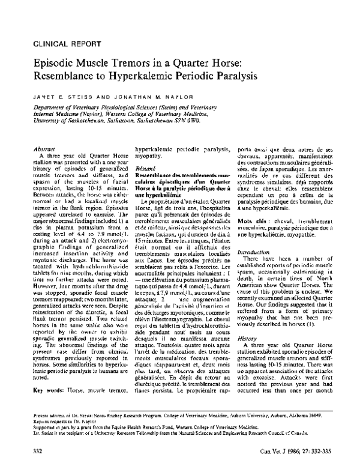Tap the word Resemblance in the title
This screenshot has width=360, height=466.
point(64,76)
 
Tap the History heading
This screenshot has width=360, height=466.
point(247,339)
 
